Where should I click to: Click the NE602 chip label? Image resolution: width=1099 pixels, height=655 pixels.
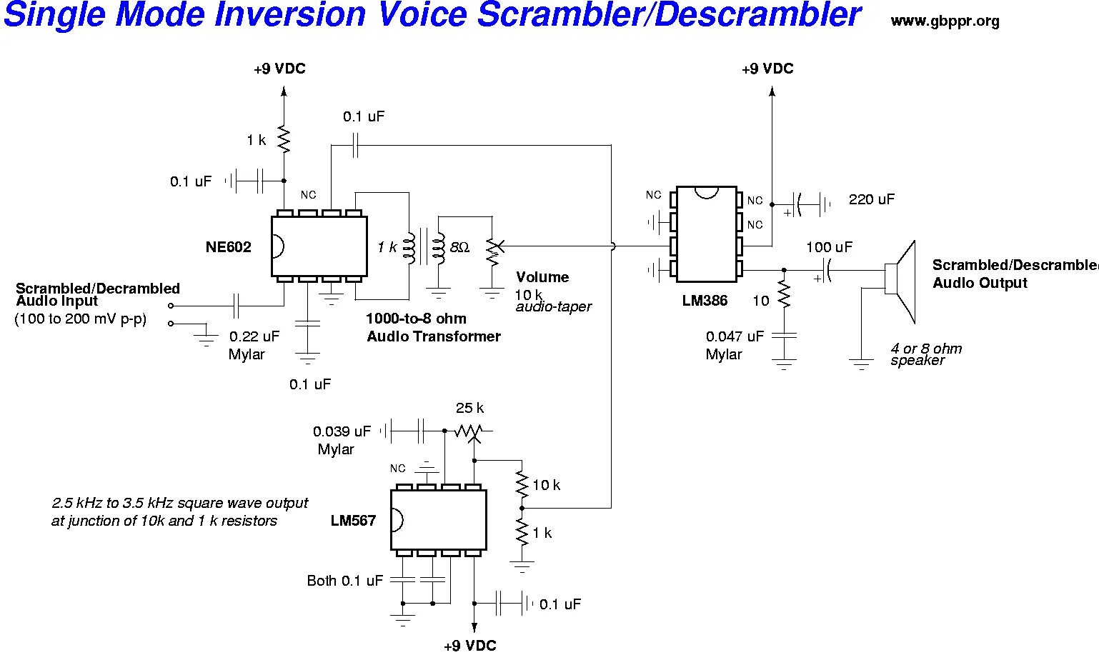(x=229, y=248)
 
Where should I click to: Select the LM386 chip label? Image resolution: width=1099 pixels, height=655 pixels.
(x=705, y=301)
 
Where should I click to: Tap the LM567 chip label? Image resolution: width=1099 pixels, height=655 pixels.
(x=353, y=521)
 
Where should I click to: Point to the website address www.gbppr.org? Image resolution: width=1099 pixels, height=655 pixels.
(x=945, y=21)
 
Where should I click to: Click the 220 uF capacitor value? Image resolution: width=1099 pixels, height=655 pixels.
(x=871, y=200)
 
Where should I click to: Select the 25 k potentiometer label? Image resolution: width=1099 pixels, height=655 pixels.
(x=469, y=408)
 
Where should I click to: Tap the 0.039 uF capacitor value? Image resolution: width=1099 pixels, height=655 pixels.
(x=342, y=431)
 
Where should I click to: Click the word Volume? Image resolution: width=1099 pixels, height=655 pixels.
(x=542, y=277)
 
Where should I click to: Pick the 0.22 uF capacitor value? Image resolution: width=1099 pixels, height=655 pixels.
(x=254, y=336)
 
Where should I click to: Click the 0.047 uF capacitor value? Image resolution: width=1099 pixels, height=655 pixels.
(x=735, y=336)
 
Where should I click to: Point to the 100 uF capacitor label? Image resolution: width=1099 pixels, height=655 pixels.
(x=829, y=248)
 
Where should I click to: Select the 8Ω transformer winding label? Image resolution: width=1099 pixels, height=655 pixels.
(x=459, y=248)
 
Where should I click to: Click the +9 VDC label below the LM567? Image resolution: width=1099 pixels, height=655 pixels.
(x=469, y=646)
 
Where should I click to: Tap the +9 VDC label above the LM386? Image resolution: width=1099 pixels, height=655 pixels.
(x=767, y=69)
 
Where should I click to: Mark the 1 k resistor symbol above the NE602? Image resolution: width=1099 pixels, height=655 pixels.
(x=284, y=139)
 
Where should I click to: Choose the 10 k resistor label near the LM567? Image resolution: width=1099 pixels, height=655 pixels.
(x=546, y=486)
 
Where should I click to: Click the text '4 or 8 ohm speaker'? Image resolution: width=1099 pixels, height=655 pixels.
(x=925, y=354)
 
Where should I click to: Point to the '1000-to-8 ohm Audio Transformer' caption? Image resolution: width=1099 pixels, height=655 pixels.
(x=433, y=328)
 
